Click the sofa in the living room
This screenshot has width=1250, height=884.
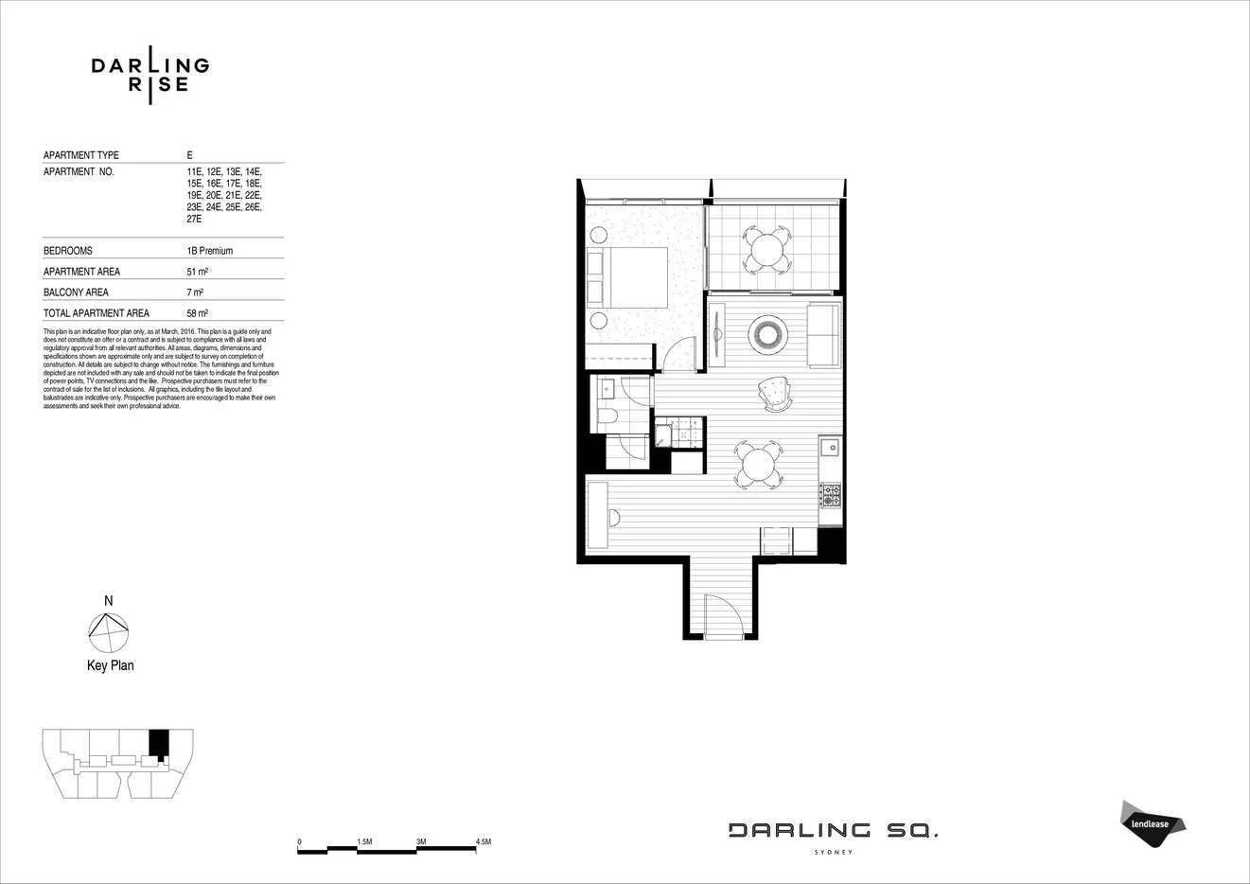822,336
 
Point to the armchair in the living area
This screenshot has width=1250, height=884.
776,394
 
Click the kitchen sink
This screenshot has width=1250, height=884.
830,446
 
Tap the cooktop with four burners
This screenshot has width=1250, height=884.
830,494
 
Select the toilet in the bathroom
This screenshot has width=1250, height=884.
607,417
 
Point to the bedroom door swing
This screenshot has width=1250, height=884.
678,357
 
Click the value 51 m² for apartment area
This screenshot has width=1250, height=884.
197,272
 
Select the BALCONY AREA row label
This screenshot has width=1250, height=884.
76,292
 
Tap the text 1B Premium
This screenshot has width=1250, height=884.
209,251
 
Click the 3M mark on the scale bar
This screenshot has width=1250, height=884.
420,841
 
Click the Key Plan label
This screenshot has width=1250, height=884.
110,665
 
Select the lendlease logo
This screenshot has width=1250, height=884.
1152,822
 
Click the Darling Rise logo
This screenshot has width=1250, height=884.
150,74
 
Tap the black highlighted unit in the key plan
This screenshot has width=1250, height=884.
159,742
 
